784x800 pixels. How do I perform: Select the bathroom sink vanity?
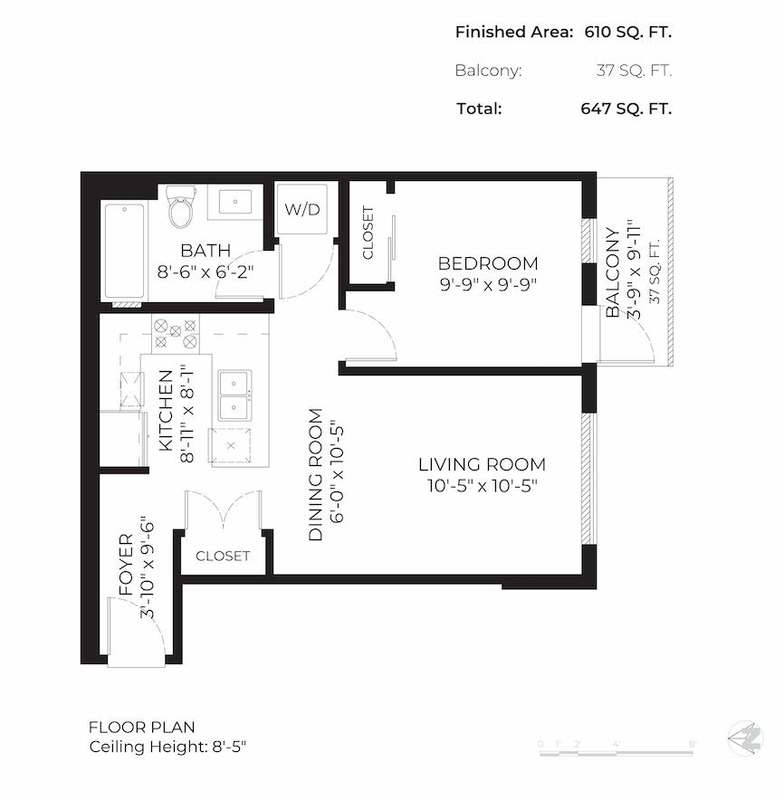235,202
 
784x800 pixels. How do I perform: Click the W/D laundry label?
302,210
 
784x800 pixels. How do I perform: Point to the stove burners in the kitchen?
176,334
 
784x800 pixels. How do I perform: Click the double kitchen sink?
235,395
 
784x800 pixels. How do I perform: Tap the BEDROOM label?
488,263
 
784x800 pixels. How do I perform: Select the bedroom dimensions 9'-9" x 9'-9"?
488,282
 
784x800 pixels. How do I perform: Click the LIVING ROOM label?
482,465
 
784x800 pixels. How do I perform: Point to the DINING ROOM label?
316,475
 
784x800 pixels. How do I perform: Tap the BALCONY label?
613,272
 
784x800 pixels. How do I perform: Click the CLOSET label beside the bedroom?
368,233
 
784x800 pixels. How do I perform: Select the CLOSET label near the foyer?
223,556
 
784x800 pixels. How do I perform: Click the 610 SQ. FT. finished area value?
626,33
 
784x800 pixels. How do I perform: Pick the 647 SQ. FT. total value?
626,109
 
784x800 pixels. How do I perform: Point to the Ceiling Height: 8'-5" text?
168,748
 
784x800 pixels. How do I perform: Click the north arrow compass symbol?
746,738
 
